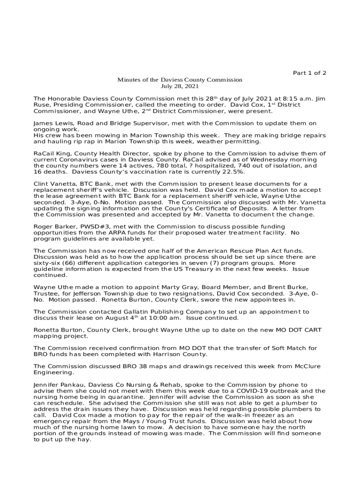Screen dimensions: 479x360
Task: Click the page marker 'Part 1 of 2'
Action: coord(309,73)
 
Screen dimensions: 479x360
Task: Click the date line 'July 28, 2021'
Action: coord(180,87)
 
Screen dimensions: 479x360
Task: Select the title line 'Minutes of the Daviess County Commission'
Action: coord(180,80)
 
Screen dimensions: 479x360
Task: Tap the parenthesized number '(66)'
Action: coord(63,263)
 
